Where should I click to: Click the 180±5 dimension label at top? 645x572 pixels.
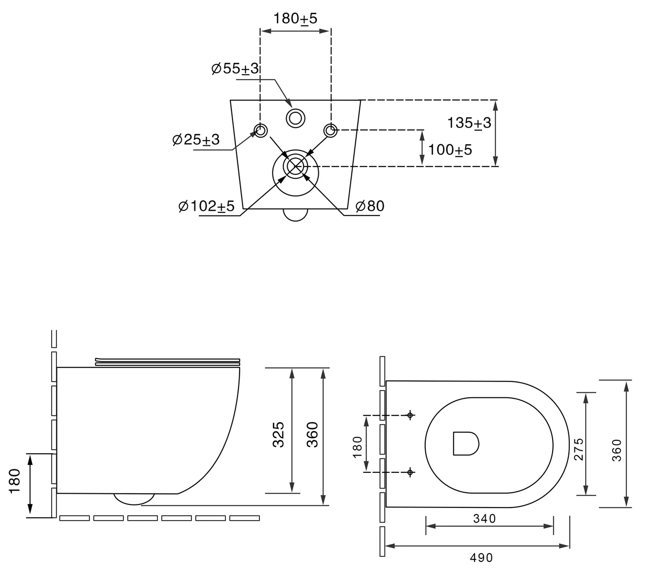[295, 19]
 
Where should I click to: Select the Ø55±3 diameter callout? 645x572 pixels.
[235, 69]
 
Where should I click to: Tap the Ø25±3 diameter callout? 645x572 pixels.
[196, 139]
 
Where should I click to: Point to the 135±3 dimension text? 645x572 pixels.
[469, 123]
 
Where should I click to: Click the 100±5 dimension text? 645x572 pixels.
[450, 150]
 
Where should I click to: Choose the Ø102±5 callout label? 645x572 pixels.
[207, 206]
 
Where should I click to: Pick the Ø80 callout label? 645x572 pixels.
[370, 206]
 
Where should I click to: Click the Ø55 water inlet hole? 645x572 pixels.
[295, 118]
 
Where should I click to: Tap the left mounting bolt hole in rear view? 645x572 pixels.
[260, 131]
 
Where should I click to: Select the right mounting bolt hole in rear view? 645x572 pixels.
[330, 131]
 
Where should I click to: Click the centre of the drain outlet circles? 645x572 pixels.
[295, 166]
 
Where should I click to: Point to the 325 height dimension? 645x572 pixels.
[278, 433]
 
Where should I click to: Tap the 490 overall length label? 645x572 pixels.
[482, 557]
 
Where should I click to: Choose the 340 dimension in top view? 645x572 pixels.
[485, 519]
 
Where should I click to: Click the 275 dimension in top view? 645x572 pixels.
[579, 449]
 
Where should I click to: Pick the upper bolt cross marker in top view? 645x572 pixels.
[410, 416]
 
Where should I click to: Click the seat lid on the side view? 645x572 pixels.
[167, 361]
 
